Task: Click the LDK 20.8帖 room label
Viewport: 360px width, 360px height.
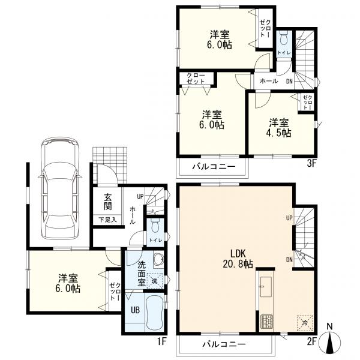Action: [238, 259]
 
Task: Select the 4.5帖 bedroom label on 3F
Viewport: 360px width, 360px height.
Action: [280, 128]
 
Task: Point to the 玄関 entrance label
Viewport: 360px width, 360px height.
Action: [107, 202]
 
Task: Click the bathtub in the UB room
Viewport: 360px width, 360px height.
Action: [154, 313]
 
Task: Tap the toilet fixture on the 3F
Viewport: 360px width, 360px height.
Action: [284, 39]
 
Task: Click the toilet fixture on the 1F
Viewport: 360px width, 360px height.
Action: [155, 226]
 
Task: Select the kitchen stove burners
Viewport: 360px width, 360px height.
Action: [266, 322]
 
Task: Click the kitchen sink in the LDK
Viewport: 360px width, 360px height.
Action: [266, 287]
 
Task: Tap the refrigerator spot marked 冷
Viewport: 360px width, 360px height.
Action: [305, 323]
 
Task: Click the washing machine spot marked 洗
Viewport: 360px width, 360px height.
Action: [155, 281]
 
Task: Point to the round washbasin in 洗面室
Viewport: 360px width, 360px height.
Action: [158, 259]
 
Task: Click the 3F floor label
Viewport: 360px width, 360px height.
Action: [312, 164]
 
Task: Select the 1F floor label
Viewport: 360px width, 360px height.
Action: [161, 341]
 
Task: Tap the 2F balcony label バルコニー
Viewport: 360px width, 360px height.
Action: [224, 344]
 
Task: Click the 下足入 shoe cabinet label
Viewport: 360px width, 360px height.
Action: [107, 220]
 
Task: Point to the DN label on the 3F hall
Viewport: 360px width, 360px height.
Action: [289, 81]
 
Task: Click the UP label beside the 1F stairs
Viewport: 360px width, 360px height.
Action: [140, 196]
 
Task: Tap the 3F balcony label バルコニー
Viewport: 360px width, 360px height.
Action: [214, 166]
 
